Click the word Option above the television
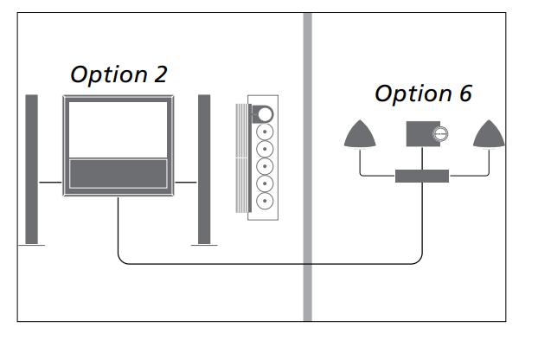pyautogui.click(x=108, y=76)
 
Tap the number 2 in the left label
pyautogui.click(x=160, y=75)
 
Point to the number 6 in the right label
pyautogui.click(x=464, y=94)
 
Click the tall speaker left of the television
pyautogui.click(x=32, y=168)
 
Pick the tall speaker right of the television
pyautogui.click(x=205, y=168)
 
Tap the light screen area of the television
pyautogui.click(x=117, y=129)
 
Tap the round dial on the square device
pyautogui.click(x=439, y=135)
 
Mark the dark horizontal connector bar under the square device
pyautogui.click(x=423, y=176)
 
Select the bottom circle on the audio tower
pyautogui.click(x=264, y=199)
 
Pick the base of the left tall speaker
pyautogui.click(x=32, y=247)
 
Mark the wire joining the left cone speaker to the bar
pyautogui.click(x=372, y=176)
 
